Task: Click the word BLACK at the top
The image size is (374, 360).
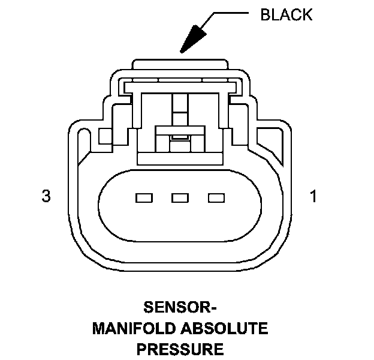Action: coord(286,15)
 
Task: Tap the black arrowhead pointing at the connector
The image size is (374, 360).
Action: coord(194,40)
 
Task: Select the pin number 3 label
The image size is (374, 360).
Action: coord(46,196)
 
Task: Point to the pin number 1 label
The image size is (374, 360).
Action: coord(313,196)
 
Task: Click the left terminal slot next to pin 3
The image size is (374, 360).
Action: coord(144,197)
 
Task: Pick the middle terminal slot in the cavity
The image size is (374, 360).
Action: coord(180,197)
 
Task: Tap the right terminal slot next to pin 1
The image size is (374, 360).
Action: coord(216,197)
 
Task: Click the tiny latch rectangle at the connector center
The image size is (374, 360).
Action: coord(179,137)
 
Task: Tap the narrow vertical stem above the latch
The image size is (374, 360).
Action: coord(179,108)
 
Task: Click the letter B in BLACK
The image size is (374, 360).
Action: coord(265,15)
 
